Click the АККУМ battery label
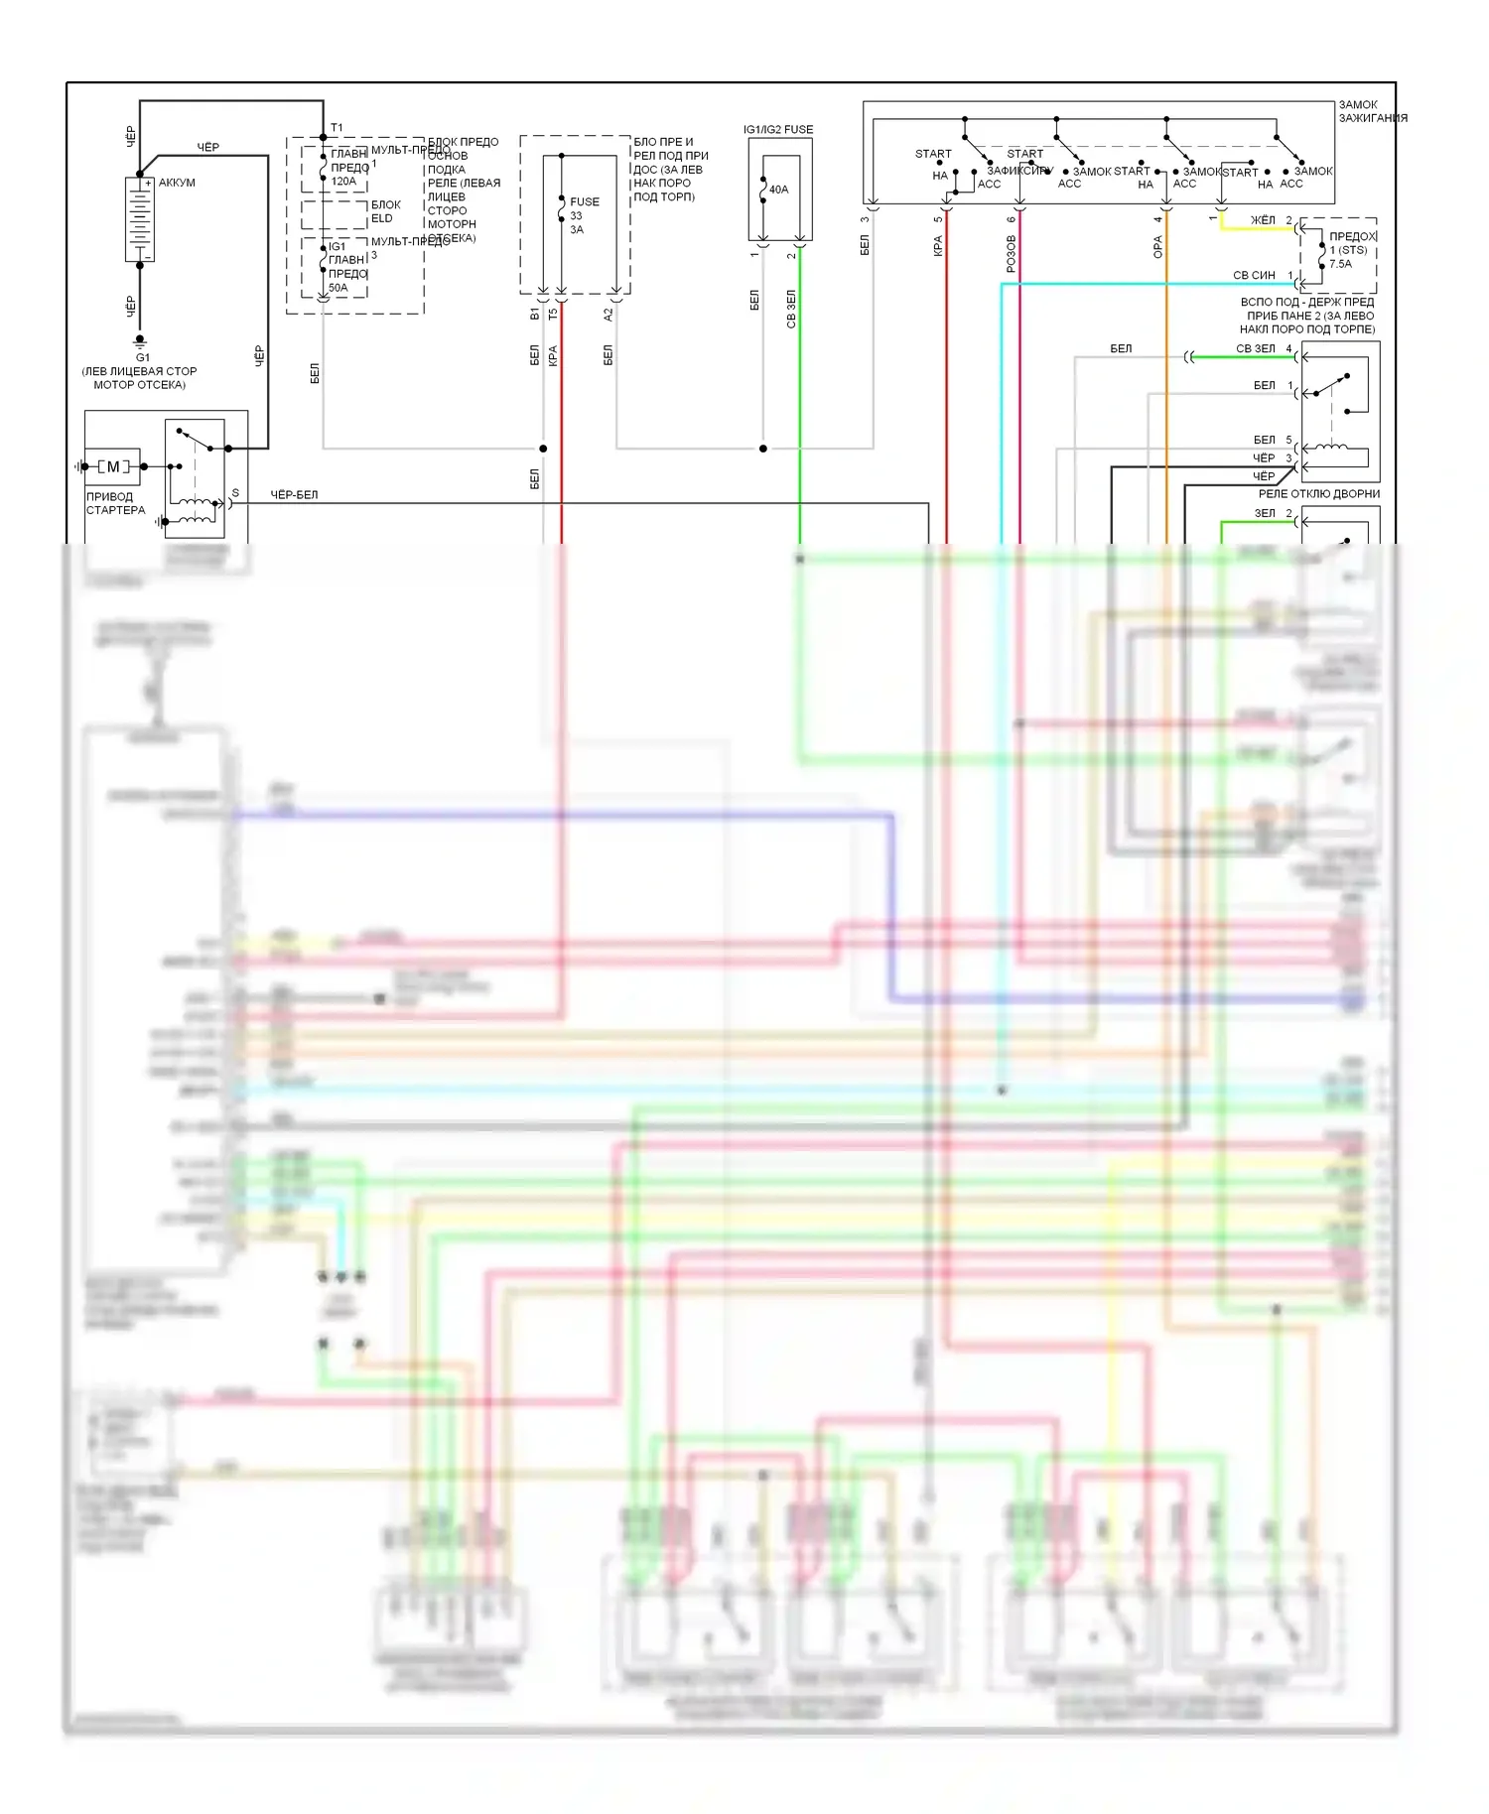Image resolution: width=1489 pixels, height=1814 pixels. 177,183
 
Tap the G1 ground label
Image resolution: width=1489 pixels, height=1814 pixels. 143,357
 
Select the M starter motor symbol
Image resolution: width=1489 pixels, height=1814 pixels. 113,466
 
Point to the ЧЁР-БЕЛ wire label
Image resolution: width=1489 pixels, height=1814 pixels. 294,494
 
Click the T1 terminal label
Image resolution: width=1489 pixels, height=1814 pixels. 337,128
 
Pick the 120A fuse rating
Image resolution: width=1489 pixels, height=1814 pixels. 343,182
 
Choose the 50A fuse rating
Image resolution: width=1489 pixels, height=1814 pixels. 338,288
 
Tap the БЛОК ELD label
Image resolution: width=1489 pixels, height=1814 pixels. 385,211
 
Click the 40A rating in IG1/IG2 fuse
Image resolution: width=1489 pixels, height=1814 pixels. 779,190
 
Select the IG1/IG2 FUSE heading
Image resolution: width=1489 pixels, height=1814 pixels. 778,129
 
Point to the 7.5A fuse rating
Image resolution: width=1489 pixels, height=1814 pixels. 1341,264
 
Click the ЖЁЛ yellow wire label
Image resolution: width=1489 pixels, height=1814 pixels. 1263,219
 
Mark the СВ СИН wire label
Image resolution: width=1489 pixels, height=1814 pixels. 1254,275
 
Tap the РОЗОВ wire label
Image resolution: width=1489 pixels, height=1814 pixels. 1012,253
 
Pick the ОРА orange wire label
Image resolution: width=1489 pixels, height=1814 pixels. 1157,247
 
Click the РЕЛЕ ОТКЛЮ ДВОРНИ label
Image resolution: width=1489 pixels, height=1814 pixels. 1319,493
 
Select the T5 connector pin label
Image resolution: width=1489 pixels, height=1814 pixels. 553,314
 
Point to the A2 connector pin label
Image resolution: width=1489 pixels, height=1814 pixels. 609,314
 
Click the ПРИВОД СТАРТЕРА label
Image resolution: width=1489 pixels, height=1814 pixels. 115,503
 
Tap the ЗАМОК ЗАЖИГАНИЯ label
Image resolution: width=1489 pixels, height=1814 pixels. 1372,111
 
